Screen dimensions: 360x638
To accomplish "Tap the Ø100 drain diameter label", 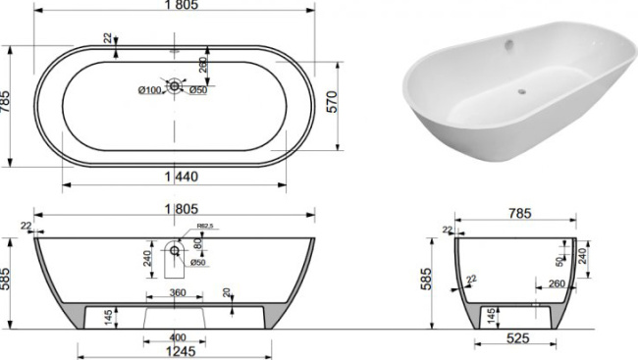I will tap(148, 91).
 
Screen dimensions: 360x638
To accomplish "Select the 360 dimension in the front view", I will tap(177, 292).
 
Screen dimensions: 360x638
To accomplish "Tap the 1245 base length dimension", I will tap(175, 351).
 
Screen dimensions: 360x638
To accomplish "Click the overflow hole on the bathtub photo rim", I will tap(508, 42).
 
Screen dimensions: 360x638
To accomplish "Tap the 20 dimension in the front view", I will tap(227, 292).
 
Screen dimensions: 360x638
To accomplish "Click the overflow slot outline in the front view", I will tap(175, 254).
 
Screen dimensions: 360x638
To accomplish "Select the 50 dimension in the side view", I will tap(559, 263).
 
